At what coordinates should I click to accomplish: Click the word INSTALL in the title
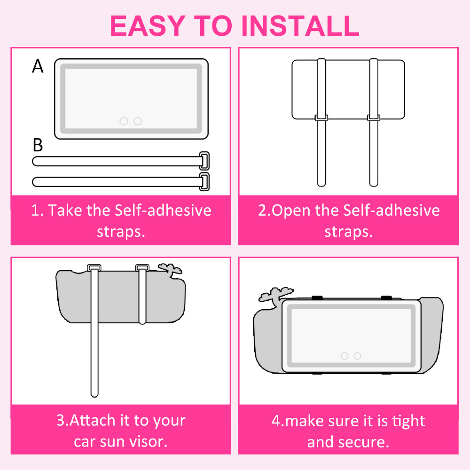pos(300,26)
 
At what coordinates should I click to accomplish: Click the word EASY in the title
pos(148,26)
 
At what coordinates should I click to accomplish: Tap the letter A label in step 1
pos(38,66)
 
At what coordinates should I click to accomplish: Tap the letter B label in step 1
pos(38,145)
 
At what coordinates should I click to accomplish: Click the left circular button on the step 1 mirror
pos(124,121)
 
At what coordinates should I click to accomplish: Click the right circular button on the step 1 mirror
pos(138,121)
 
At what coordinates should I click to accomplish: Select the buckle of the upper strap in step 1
pos(204,161)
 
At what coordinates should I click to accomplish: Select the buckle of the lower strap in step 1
pos(204,181)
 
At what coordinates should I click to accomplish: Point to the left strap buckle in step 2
pos(321,118)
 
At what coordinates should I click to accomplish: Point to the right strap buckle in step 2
pos(374,118)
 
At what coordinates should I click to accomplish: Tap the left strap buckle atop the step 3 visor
pos(94,267)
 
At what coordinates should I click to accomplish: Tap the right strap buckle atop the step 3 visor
pos(142,267)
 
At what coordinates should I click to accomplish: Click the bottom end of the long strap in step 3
pos(94,395)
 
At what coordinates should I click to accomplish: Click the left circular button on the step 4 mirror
pos(345,356)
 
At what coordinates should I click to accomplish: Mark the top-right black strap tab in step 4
pos(386,298)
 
